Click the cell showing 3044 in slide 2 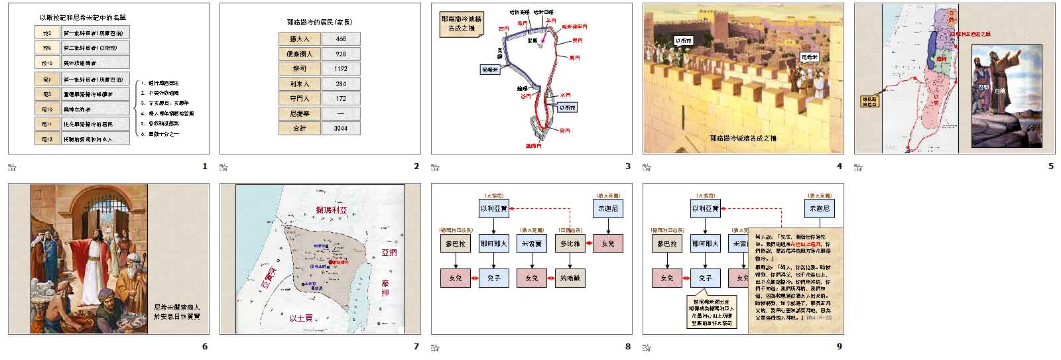coord(341,128)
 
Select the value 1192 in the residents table coord(341,69)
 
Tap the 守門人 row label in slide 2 coord(300,99)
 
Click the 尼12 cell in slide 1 coord(47,139)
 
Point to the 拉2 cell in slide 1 coord(47,32)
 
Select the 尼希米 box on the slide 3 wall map coord(490,68)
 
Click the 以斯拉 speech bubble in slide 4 coord(682,40)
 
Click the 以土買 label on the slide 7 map coord(302,318)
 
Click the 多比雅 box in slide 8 coord(570,244)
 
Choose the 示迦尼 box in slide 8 coord(607,208)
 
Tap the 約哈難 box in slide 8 coord(570,278)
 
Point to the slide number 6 coord(205,346)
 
